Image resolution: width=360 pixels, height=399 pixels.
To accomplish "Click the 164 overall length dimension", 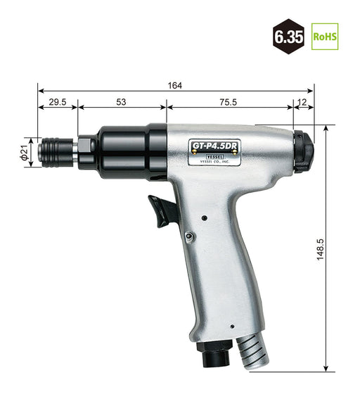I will tap(175, 86).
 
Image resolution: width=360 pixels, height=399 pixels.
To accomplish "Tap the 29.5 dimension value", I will tap(56, 102).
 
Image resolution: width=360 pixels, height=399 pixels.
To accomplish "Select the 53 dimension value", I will tap(121, 102).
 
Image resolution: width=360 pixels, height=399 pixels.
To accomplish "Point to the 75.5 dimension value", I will tap(228, 102).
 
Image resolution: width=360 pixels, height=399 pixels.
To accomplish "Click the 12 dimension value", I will tap(303, 102).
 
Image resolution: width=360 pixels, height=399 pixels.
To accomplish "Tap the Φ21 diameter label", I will tap(24, 153).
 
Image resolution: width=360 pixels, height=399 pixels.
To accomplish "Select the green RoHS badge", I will tap(325, 37).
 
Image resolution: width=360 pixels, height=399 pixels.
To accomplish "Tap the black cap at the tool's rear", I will tap(302, 151).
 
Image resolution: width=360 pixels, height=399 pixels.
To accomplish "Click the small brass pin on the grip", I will tap(189, 236).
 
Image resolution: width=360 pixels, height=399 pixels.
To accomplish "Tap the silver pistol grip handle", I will tap(225, 267).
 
